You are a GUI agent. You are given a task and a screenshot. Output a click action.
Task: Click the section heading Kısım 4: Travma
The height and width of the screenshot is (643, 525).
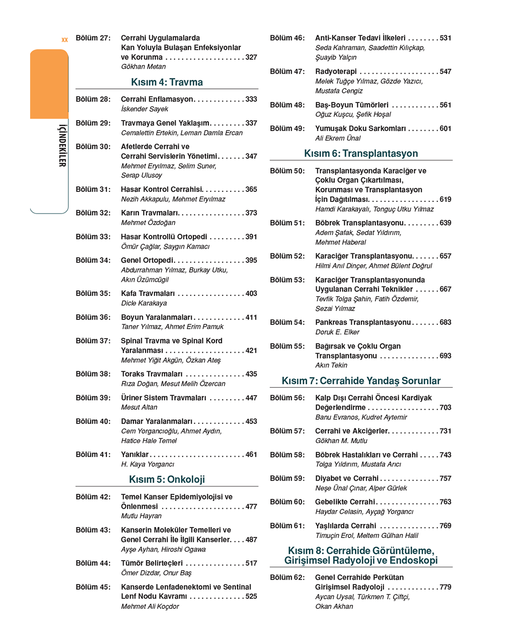(167, 82)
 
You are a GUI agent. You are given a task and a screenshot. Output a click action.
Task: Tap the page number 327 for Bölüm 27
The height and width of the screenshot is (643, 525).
(251, 57)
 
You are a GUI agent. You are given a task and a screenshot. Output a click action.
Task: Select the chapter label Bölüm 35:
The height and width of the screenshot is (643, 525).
(93, 293)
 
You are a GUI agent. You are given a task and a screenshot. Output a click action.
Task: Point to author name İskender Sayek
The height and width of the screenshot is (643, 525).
(145, 109)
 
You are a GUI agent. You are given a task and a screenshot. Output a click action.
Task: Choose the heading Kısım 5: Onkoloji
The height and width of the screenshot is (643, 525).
(167, 480)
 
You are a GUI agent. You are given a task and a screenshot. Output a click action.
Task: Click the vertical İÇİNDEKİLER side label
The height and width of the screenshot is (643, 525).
(62, 146)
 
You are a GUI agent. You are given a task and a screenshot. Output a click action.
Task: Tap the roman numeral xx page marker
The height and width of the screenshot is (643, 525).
(64, 39)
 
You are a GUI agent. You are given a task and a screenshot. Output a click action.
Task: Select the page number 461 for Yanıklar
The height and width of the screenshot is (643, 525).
(251, 455)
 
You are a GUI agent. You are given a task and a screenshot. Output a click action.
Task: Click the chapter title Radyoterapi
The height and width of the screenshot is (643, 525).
(336, 71)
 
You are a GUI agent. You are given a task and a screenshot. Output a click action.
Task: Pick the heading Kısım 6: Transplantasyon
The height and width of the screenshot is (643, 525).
(361, 154)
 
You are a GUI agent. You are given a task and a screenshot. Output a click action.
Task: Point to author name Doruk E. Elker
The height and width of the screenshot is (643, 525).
(337, 332)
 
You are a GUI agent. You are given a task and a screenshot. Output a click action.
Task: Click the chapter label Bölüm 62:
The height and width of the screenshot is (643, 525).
(287, 578)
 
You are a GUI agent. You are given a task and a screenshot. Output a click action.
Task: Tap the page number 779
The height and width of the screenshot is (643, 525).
(445, 587)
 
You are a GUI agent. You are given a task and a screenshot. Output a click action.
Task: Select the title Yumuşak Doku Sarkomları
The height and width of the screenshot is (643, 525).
(360, 129)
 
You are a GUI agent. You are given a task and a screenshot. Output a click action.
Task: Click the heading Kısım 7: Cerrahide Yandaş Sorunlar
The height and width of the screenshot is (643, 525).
(361, 381)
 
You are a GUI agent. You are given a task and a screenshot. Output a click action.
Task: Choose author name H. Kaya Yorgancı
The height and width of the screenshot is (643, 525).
(148, 464)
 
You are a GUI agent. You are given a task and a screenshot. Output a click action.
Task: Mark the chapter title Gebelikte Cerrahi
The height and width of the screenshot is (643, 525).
(345, 502)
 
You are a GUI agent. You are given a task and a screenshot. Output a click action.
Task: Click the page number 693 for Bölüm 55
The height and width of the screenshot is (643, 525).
(445, 356)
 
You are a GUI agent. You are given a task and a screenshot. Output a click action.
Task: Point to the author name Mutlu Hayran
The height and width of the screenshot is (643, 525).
(141, 516)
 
